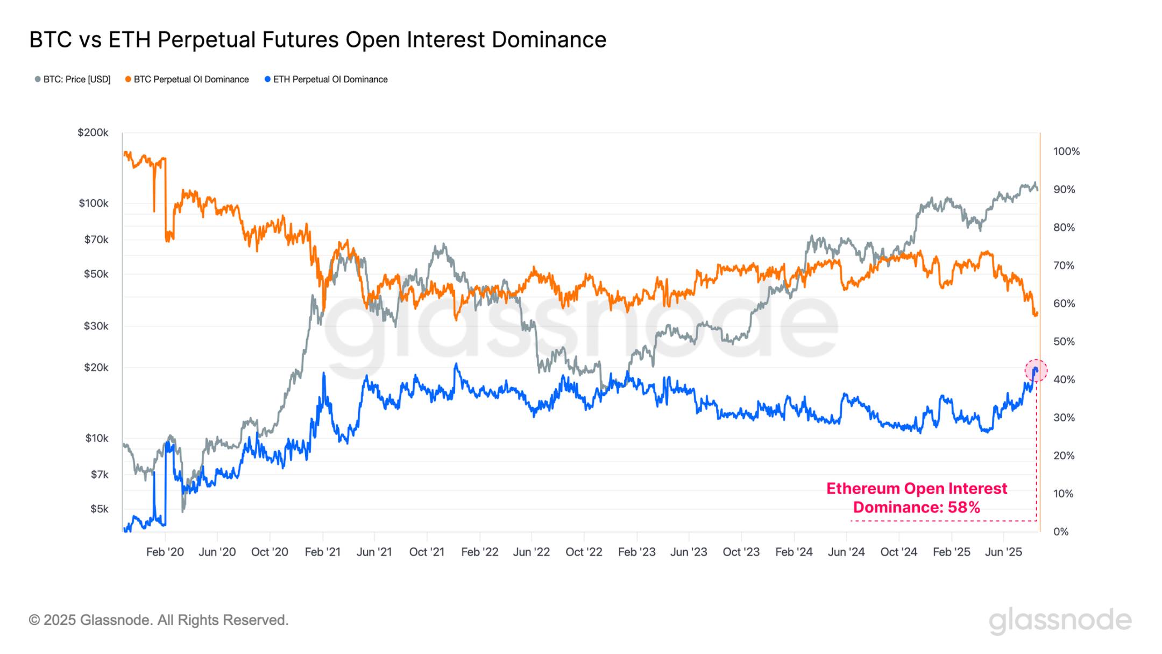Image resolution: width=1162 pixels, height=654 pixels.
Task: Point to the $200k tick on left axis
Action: point(93,132)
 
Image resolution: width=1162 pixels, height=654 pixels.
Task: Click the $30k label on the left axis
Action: point(96,326)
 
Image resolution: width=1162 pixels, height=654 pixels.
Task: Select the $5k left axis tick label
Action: point(99,509)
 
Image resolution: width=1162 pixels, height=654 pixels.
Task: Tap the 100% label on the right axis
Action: point(1066,152)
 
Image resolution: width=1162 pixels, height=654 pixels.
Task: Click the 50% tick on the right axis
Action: point(1064,342)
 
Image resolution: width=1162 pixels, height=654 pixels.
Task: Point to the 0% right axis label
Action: point(1061,532)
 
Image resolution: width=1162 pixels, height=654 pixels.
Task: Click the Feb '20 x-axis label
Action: point(165,552)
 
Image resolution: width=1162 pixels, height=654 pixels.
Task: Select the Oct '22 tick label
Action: point(584,552)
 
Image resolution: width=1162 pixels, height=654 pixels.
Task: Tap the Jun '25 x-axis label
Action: point(1003,552)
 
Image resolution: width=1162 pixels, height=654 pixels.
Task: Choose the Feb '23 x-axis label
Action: point(636,552)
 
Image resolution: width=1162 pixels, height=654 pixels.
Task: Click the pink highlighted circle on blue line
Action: point(1036,370)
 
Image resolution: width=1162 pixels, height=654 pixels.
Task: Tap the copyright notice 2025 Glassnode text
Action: point(159,620)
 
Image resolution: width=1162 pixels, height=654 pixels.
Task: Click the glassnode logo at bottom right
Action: point(1060,621)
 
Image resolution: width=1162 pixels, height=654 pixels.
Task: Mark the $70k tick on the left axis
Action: point(96,240)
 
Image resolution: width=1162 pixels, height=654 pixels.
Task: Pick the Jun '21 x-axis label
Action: point(374,552)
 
